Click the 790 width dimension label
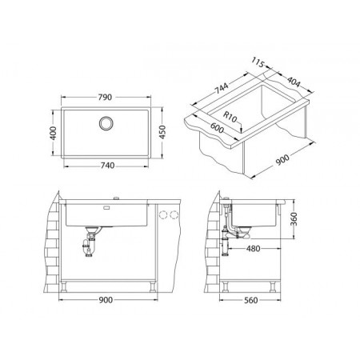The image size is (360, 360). coord(105,98)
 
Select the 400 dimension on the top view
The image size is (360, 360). coord(54,133)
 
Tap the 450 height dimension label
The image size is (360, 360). coord(162,132)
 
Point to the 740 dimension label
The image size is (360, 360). coord(107,166)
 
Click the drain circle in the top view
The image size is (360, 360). coord(106,123)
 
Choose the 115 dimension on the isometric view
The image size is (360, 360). coord(258,62)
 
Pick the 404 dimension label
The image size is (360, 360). coord(294,82)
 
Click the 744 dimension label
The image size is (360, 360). coord(222,88)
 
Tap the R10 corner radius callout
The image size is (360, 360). coord(230,118)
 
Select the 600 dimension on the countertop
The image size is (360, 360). coord(217,128)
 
